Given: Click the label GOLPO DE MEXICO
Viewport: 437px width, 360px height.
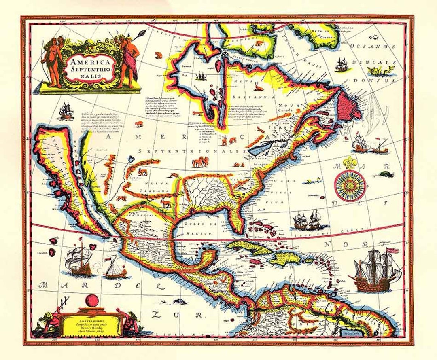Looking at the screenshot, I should pos(198,229).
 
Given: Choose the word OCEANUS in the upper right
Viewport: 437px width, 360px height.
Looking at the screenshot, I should pos(372,47).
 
